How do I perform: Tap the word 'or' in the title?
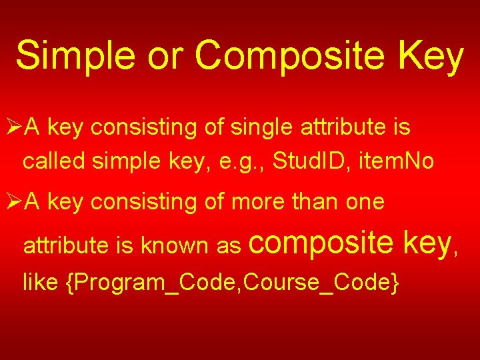tap(169, 56)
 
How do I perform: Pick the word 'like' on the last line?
tap(41, 283)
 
